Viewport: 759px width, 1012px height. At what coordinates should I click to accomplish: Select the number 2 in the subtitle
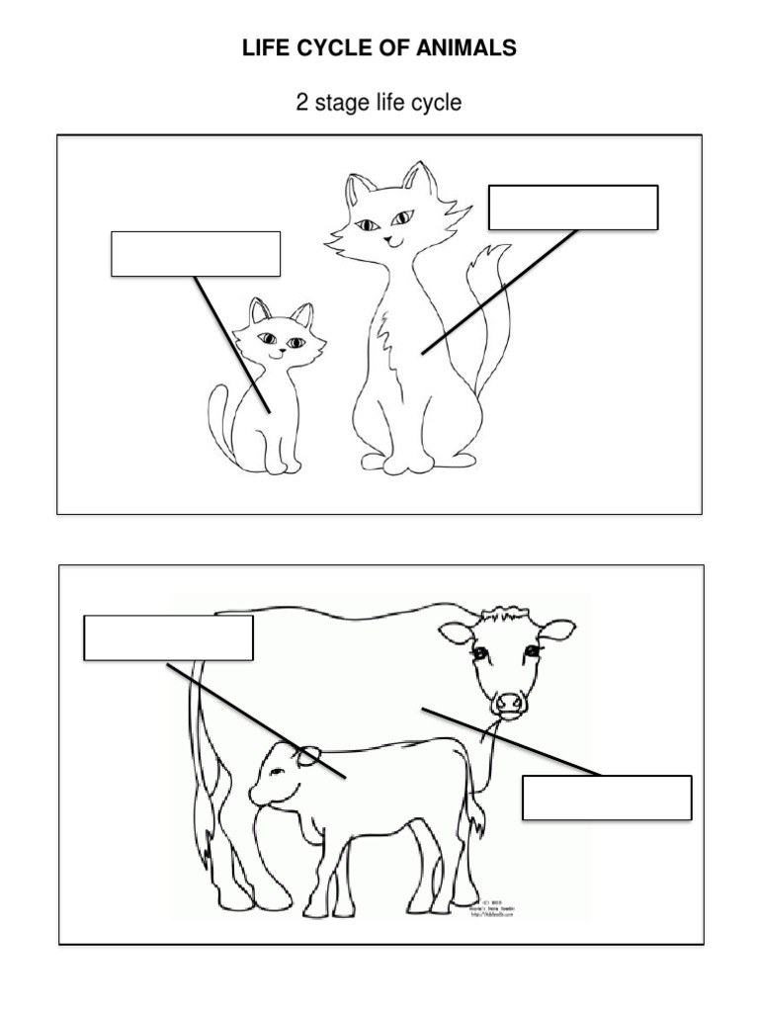pyautogui.click(x=302, y=102)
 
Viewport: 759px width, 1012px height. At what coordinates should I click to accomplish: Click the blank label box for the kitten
pyautogui.click(x=196, y=254)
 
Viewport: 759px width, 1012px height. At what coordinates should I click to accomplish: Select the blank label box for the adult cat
pyautogui.click(x=573, y=208)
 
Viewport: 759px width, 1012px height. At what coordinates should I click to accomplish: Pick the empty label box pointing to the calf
pyautogui.click(x=168, y=637)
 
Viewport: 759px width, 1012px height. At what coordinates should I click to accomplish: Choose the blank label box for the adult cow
pyautogui.click(x=606, y=798)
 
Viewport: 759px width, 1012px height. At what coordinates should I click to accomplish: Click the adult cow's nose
pyautogui.click(x=510, y=703)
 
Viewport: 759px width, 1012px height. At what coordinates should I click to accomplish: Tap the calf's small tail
pyautogui.click(x=476, y=815)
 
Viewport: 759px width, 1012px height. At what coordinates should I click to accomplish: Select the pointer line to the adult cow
pyautogui.click(x=509, y=741)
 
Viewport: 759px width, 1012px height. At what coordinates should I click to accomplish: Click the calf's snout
pyautogui.click(x=260, y=793)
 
